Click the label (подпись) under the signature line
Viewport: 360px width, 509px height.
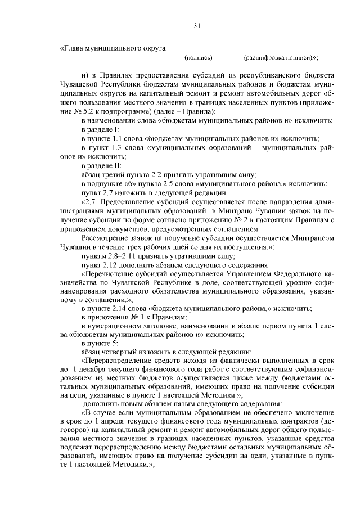click(199, 58)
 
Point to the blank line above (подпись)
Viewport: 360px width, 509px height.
click(199, 51)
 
